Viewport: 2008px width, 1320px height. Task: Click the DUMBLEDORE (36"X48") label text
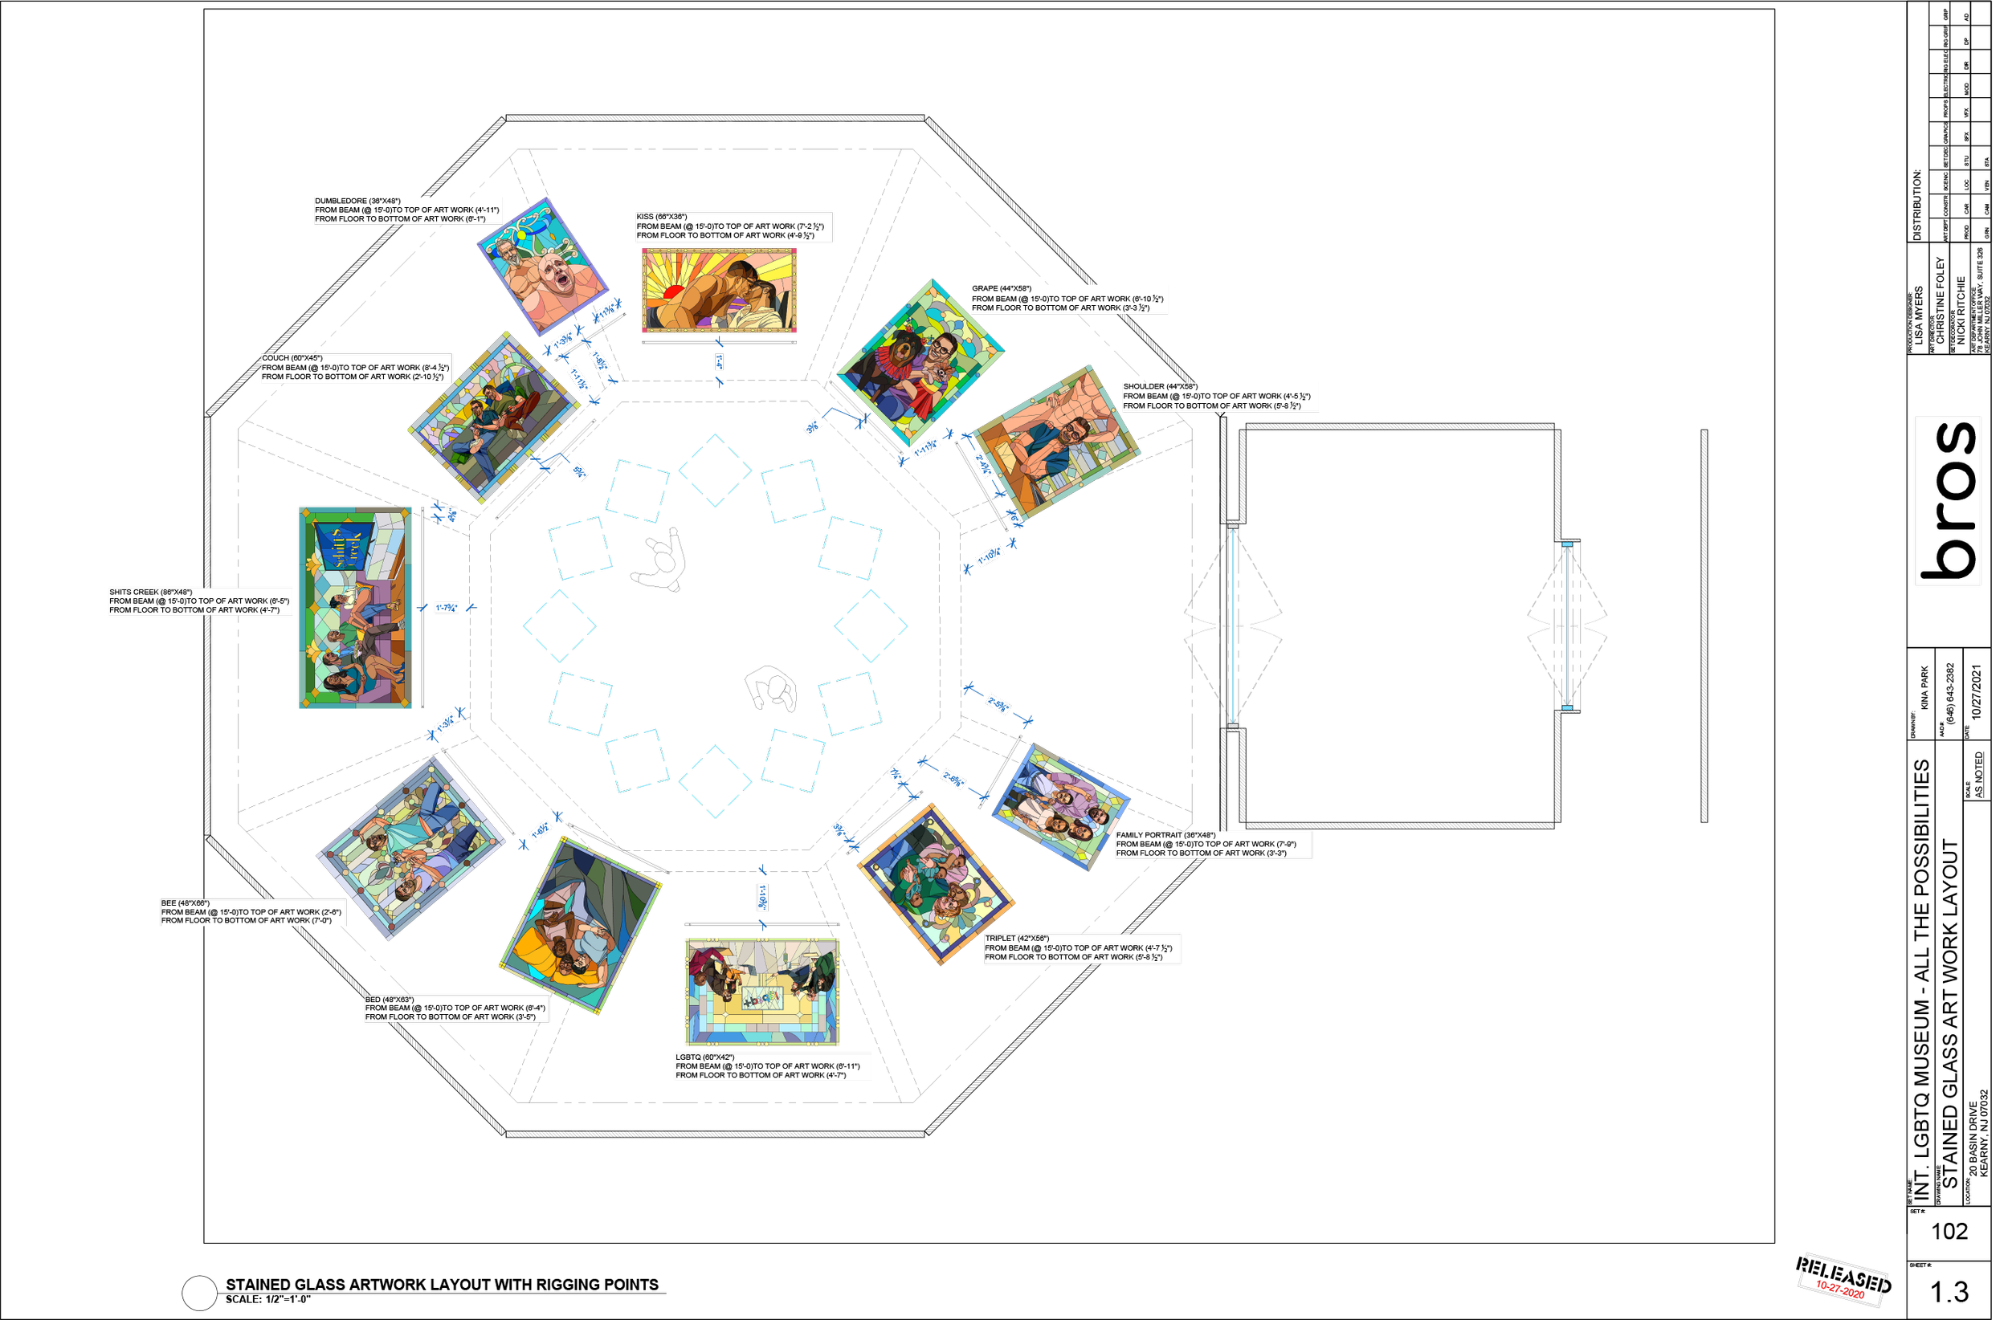(x=407, y=210)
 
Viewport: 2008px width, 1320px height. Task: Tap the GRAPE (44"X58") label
(x=1068, y=299)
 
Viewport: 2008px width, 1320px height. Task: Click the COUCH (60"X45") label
(x=354, y=368)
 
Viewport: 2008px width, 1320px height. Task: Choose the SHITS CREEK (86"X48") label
(x=201, y=601)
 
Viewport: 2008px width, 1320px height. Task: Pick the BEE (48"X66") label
(x=251, y=912)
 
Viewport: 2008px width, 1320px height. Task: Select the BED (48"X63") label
(x=455, y=1008)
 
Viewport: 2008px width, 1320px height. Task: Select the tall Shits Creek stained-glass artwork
(x=355, y=613)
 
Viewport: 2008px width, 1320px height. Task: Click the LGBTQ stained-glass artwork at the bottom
(x=763, y=992)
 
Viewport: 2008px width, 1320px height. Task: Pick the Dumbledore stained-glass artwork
(x=542, y=266)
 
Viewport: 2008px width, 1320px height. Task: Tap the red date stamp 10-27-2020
(x=1840, y=1289)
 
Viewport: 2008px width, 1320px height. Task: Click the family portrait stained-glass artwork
(x=1060, y=805)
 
